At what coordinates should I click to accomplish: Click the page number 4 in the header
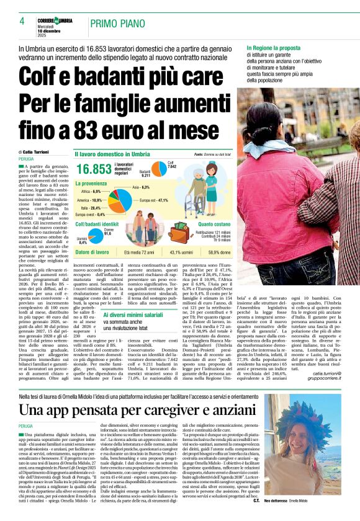[21, 21]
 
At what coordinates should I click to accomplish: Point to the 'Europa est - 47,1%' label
[154, 200]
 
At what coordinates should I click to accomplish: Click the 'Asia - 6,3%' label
[140, 187]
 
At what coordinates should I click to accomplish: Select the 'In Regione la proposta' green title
[272, 48]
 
